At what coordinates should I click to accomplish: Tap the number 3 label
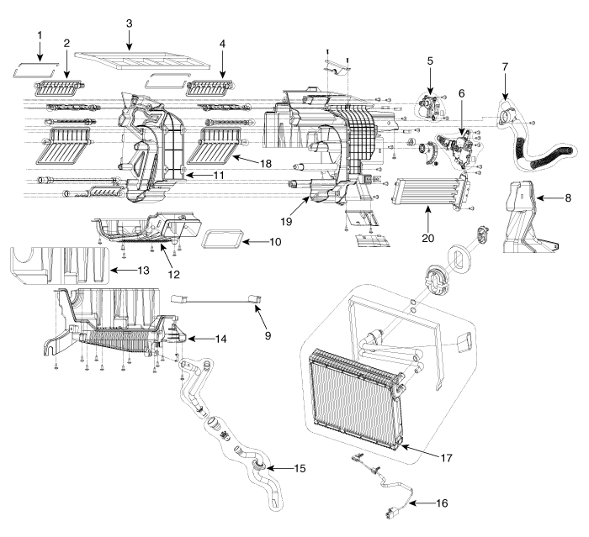(x=129, y=23)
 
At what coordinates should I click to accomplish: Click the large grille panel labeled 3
(x=143, y=60)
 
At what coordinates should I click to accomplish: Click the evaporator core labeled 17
(x=353, y=395)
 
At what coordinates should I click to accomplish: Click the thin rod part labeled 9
(x=215, y=298)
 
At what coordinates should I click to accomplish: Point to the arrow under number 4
(x=222, y=66)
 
